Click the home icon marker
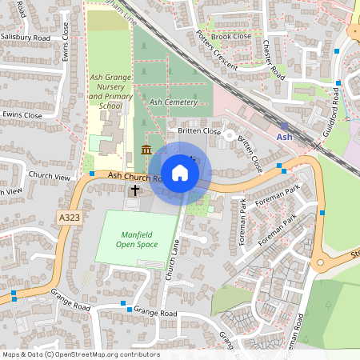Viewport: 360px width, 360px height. [x=180, y=172]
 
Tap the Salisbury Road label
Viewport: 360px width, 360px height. [x=26, y=38]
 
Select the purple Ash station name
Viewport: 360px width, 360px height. [x=285, y=138]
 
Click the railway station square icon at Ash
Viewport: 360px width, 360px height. [x=284, y=126]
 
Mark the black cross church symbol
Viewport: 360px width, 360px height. [x=135, y=190]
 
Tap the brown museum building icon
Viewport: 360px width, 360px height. [x=146, y=150]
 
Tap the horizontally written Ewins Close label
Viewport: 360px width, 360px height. [x=22, y=115]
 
